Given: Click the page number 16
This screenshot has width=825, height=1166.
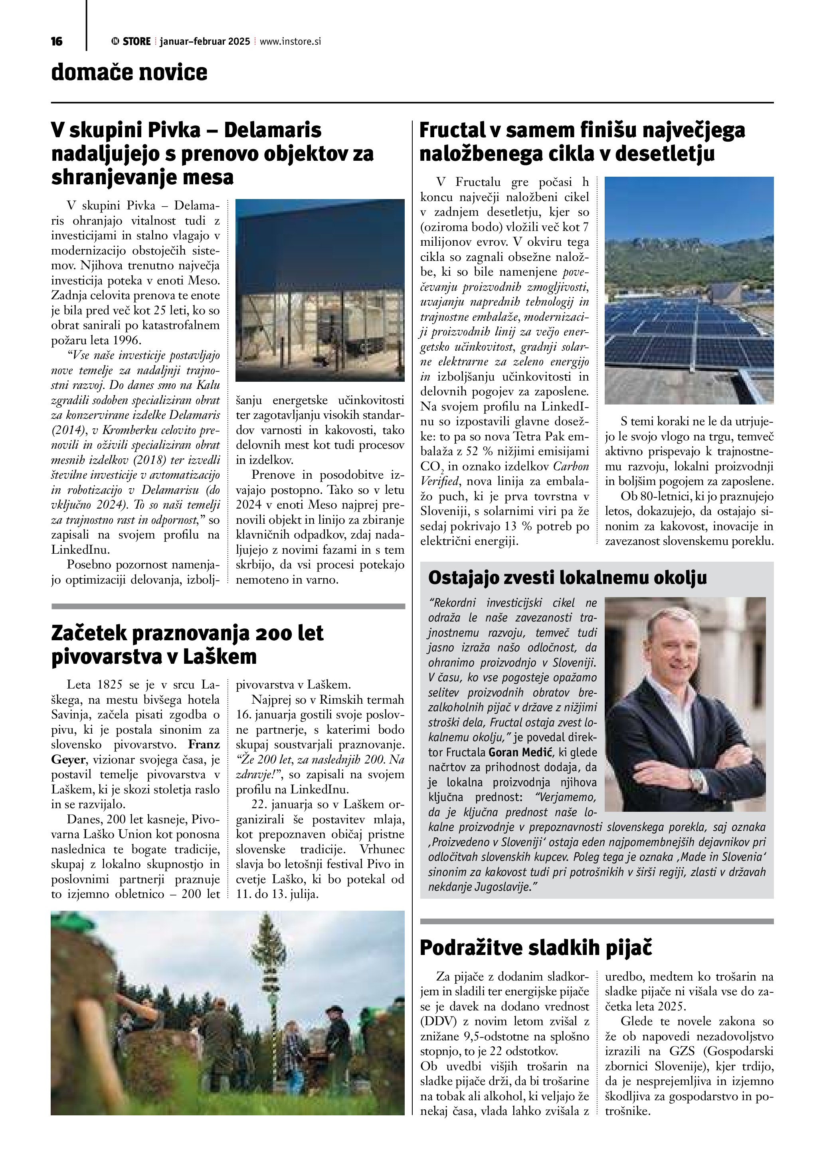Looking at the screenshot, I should (x=56, y=41).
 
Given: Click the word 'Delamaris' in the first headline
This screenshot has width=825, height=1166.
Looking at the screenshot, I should (x=273, y=130).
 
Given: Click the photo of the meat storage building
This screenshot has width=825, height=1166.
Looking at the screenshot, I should (x=320, y=290).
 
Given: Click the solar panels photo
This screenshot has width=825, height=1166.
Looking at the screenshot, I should (x=689, y=290).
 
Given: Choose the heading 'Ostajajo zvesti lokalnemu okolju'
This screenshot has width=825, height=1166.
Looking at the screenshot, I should (x=568, y=578).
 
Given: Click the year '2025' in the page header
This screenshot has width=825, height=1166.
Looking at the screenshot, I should (x=239, y=41).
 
